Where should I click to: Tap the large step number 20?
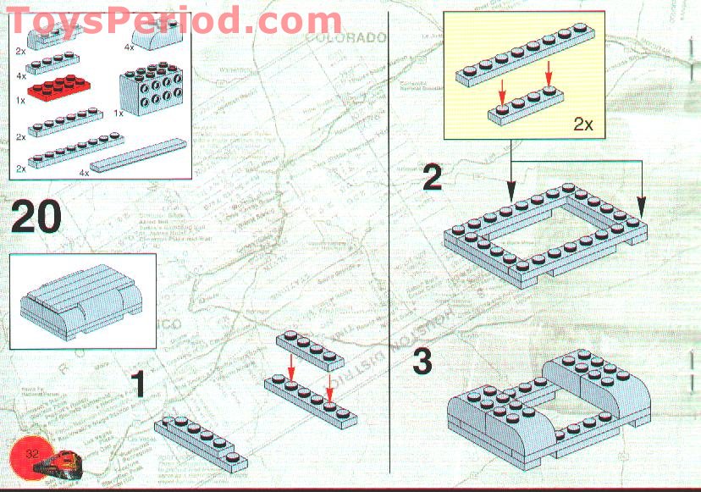(37, 218)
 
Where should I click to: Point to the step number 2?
(433, 178)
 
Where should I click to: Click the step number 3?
(422, 362)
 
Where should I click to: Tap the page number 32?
(33, 455)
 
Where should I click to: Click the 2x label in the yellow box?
(583, 124)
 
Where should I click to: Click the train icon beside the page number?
(69, 464)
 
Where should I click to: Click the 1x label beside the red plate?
(19, 99)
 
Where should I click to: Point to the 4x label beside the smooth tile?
(84, 172)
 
